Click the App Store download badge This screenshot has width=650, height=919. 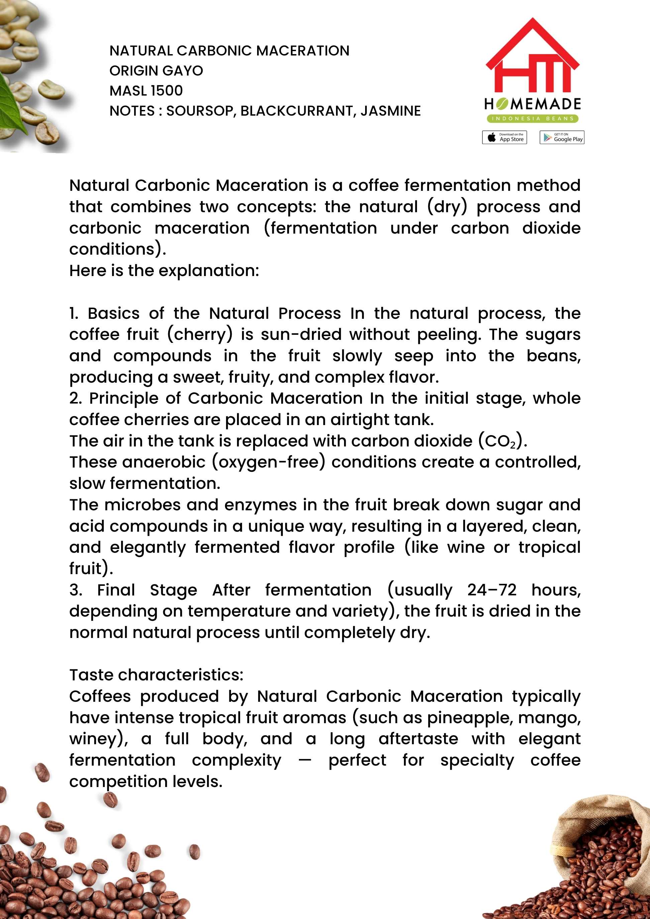(x=504, y=137)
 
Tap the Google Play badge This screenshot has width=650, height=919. (x=561, y=137)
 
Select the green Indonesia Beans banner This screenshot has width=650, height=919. (x=532, y=119)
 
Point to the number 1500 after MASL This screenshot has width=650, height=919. (x=167, y=91)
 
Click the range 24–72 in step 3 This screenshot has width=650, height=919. (x=492, y=590)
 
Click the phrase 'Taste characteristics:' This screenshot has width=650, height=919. (x=156, y=675)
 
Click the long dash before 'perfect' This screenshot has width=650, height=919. (x=305, y=761)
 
